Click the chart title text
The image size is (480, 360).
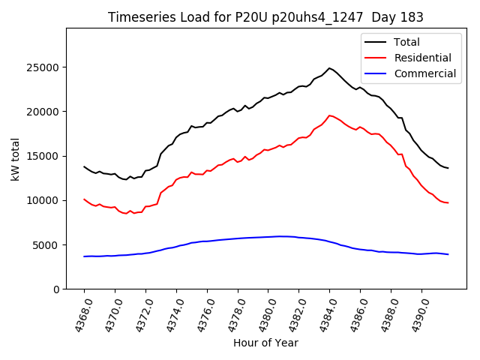[x=265, y=17]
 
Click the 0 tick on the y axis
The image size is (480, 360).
[x=56, y=289]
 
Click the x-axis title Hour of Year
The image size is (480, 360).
[x=265, y=343]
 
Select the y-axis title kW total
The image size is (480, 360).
[x=15, y=159]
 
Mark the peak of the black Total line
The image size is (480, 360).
[x=329, y=68]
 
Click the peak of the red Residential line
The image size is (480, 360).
[x=329, y=115]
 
